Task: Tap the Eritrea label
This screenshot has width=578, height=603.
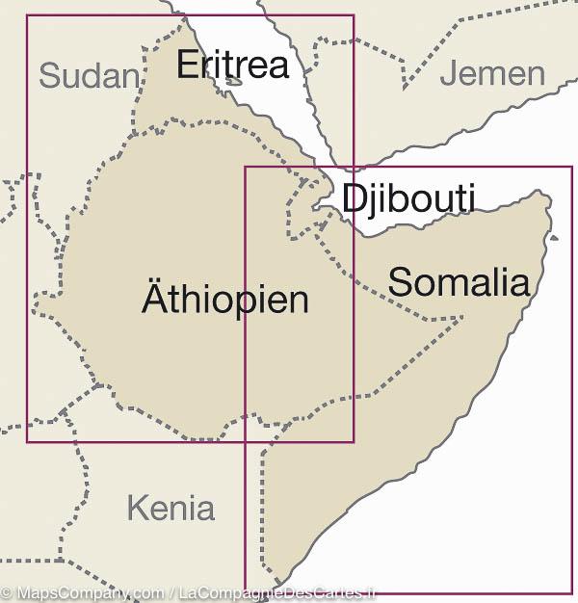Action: point(232,65)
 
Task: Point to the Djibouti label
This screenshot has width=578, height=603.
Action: point(408,198)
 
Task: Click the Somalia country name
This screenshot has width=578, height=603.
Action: point(459,281)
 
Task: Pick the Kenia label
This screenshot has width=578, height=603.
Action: point(171,507)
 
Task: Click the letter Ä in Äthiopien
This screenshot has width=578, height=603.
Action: point(154,298)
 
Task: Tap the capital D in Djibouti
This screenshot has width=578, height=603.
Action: point(354,197)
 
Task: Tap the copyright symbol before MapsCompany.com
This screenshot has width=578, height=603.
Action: point(7,593)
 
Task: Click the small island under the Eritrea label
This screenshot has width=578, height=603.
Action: point(234,83)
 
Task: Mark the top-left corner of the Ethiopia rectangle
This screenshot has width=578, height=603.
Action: point(27,15)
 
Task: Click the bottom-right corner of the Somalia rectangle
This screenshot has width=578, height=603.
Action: point(572,592)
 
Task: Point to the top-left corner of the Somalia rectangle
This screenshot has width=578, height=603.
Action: point(245,168)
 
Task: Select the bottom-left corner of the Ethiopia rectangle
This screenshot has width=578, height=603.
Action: point(27,442)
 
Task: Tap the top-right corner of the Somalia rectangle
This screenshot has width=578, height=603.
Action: point(572,168)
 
